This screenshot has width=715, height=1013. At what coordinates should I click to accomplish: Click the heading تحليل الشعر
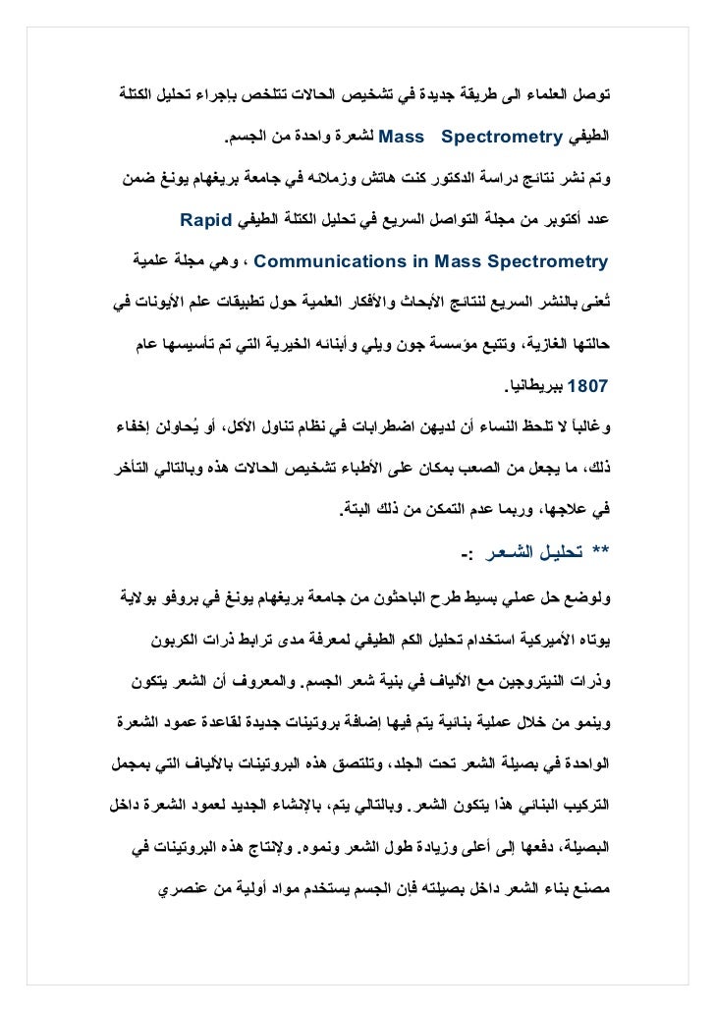tap(530, 551)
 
